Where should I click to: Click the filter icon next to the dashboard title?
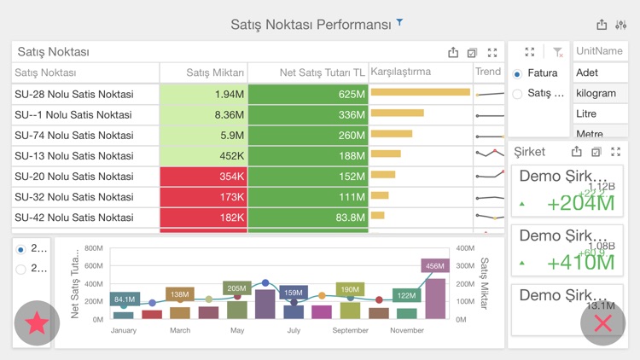399,23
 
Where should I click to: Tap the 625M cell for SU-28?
308,94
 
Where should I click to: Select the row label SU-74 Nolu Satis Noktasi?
74,135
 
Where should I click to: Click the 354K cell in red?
204,176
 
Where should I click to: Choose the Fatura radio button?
518,74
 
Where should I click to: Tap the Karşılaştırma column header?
401,73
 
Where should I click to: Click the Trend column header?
488,73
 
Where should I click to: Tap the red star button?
37,323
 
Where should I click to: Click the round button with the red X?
602,322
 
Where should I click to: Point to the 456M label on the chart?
435,266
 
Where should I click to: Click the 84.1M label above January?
125,299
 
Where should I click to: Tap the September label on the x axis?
350,330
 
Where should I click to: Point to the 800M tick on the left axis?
93,248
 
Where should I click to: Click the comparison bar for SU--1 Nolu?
398,113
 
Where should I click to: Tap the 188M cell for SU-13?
308,155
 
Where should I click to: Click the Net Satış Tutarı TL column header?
308,73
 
